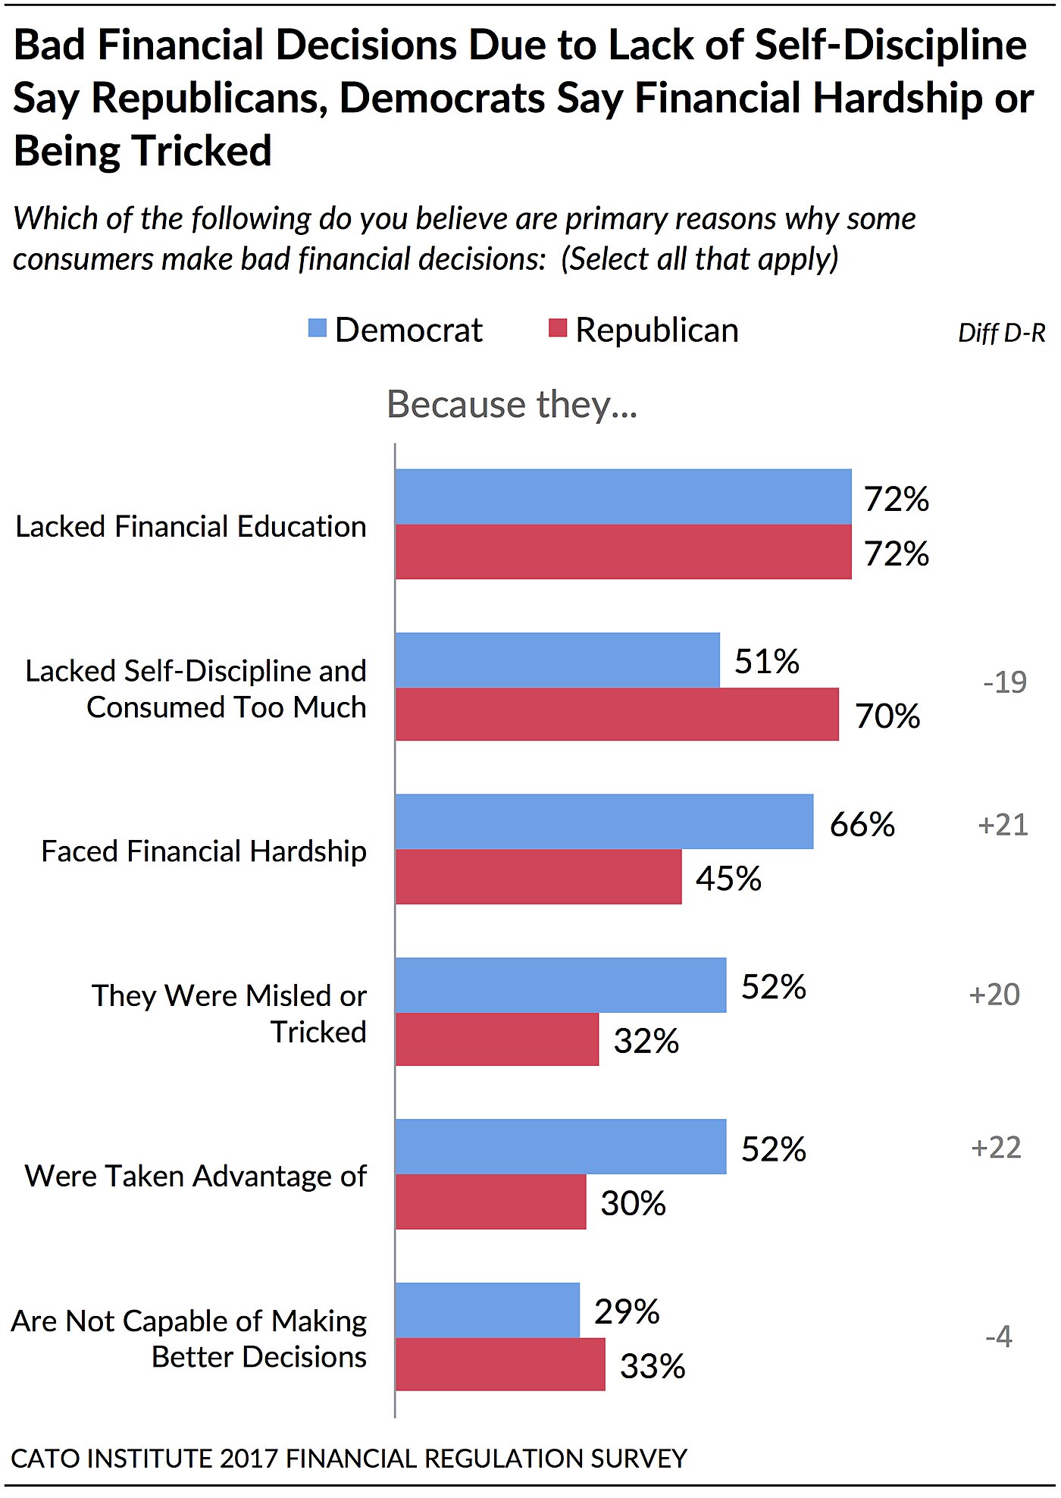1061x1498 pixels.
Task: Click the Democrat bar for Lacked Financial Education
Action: pos(623,497)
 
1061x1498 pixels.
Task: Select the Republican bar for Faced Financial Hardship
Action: pos(538,876)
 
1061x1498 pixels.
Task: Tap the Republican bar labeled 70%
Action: pos(617,714)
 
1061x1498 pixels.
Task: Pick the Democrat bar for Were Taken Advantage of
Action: pos(561,1146)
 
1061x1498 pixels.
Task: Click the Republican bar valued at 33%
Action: pos(500,1364)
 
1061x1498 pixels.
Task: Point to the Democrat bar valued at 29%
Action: pos(487,1310)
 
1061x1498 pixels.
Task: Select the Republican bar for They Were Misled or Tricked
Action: pos(497,1039)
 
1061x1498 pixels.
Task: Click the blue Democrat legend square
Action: pos(318,328)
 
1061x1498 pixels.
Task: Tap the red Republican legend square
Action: pos(558,328)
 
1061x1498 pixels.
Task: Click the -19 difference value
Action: pos(1005,682)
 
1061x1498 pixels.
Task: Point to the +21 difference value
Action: pos(1003,825)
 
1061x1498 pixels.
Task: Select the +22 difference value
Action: pos(996,1147)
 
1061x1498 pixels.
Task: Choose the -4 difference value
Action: pos(999,1336)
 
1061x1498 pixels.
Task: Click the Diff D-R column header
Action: pos(1001,333)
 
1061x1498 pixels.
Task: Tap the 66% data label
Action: pos(862,824)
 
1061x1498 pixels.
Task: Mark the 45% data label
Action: pos(728,879)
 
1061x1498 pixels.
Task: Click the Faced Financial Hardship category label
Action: pos(204,851)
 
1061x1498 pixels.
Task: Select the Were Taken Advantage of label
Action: pos(196,1176)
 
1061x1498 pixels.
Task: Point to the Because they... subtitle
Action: pos(512,404)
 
